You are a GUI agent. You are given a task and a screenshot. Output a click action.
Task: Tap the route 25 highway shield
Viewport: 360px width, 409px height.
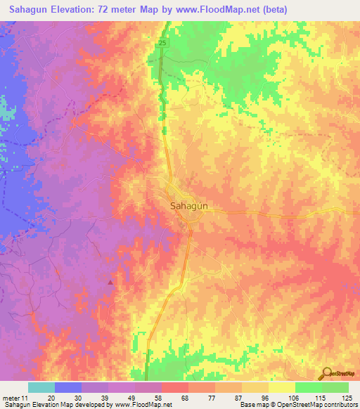point(162,44)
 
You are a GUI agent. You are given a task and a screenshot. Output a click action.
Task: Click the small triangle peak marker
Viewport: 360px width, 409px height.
point(110,283)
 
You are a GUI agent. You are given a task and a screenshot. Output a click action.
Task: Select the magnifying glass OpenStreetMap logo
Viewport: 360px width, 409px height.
point(326,373)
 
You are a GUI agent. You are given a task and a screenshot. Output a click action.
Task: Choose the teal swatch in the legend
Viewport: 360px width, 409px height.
point(41,387)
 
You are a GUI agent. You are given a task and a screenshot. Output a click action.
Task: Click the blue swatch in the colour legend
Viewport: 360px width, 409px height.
point(67,387)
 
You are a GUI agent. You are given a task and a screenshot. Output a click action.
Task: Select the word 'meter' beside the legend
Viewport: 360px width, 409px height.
point(12,397)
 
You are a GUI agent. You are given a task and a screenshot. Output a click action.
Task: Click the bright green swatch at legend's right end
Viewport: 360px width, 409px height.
point(335,387)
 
